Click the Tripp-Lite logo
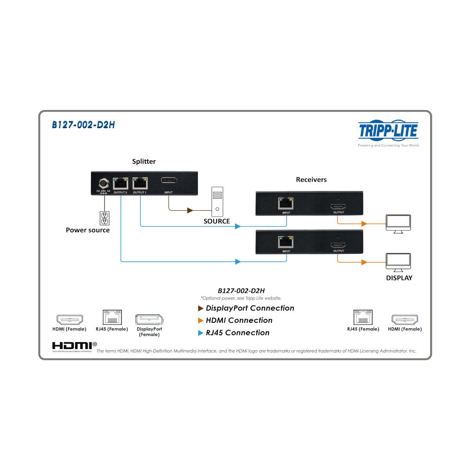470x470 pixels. [x=388, y=131]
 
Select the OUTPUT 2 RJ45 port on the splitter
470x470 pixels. [x=120, y=184]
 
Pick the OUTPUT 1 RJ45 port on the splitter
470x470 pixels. [x=139, y=183]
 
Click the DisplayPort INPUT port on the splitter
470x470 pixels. [x=169, y=181]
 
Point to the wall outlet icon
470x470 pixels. [x=104, y=219]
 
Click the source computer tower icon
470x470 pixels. [x=217, y=202]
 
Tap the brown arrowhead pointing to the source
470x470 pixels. [x=190, y=210]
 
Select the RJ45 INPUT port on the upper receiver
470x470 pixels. [x=286, y=204]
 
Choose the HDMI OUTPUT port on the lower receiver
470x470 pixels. [x=338, y=245]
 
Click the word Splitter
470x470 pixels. [x=144, y=161]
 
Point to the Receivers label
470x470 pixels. [x=311, y=180]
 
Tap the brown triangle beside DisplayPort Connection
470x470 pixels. [x=201, y=309]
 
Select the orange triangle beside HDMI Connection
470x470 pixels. [x=201, y=321]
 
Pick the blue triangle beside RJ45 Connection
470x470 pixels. [x=201, y=333]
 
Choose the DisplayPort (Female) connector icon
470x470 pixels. [x=149, y=320]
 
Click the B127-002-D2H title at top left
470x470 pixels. [x=83, y=125]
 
